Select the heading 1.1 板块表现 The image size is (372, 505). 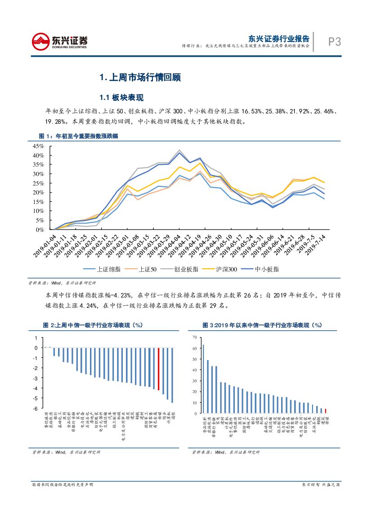pos(121,98)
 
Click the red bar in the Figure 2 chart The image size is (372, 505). pos(158,369)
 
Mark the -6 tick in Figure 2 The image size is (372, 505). pos(36,408)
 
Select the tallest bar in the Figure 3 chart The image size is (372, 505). pos(203,379)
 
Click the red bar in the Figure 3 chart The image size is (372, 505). pos(326,410)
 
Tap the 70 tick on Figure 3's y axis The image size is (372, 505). pos(194,337)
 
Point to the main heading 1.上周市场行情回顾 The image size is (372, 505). pos(139,77)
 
